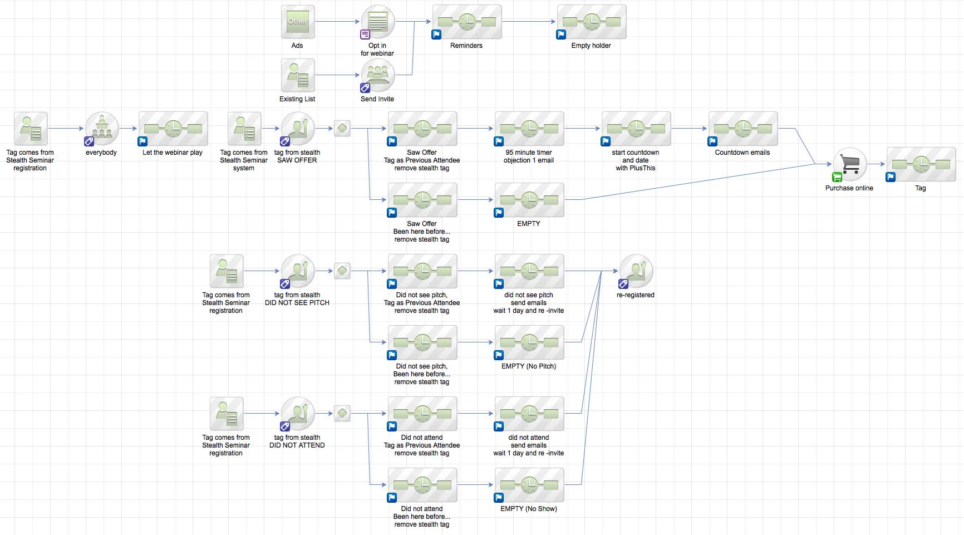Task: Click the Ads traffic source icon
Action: [x=298, y=22]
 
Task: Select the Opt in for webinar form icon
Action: [x=378, y=22]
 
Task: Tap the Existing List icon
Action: [x=298, y=75]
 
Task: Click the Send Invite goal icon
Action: [x=378, y=75]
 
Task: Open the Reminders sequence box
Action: [x=467, y=22]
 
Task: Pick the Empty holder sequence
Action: [x=592, y=22]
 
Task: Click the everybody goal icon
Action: [x=102, y=129]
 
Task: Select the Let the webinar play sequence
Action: [x=173, y=129]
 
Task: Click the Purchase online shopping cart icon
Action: [x=850, y=164]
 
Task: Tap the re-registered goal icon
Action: [x=636, y=271]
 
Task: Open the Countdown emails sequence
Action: [x=743, y=129]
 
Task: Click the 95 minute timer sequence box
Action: [x=529, y=129]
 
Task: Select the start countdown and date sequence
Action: [x=636, y=129]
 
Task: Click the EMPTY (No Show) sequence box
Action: [x=529, y=485]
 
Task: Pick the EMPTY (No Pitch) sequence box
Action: [x=529, y=342]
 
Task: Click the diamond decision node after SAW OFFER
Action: [x=342, y=129]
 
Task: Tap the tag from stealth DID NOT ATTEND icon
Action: [x=298, y=414]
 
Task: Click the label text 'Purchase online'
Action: [x=849, y=188]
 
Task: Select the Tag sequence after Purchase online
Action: [x=921, y=164]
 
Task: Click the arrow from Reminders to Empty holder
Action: [x=529, y=22]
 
